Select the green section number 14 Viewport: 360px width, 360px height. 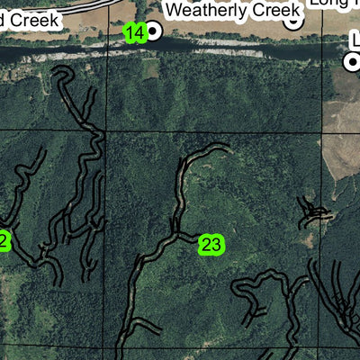134,33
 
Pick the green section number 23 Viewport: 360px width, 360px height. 211,244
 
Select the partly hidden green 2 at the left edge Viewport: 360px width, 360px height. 4,240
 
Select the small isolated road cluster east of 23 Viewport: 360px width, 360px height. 315,213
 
